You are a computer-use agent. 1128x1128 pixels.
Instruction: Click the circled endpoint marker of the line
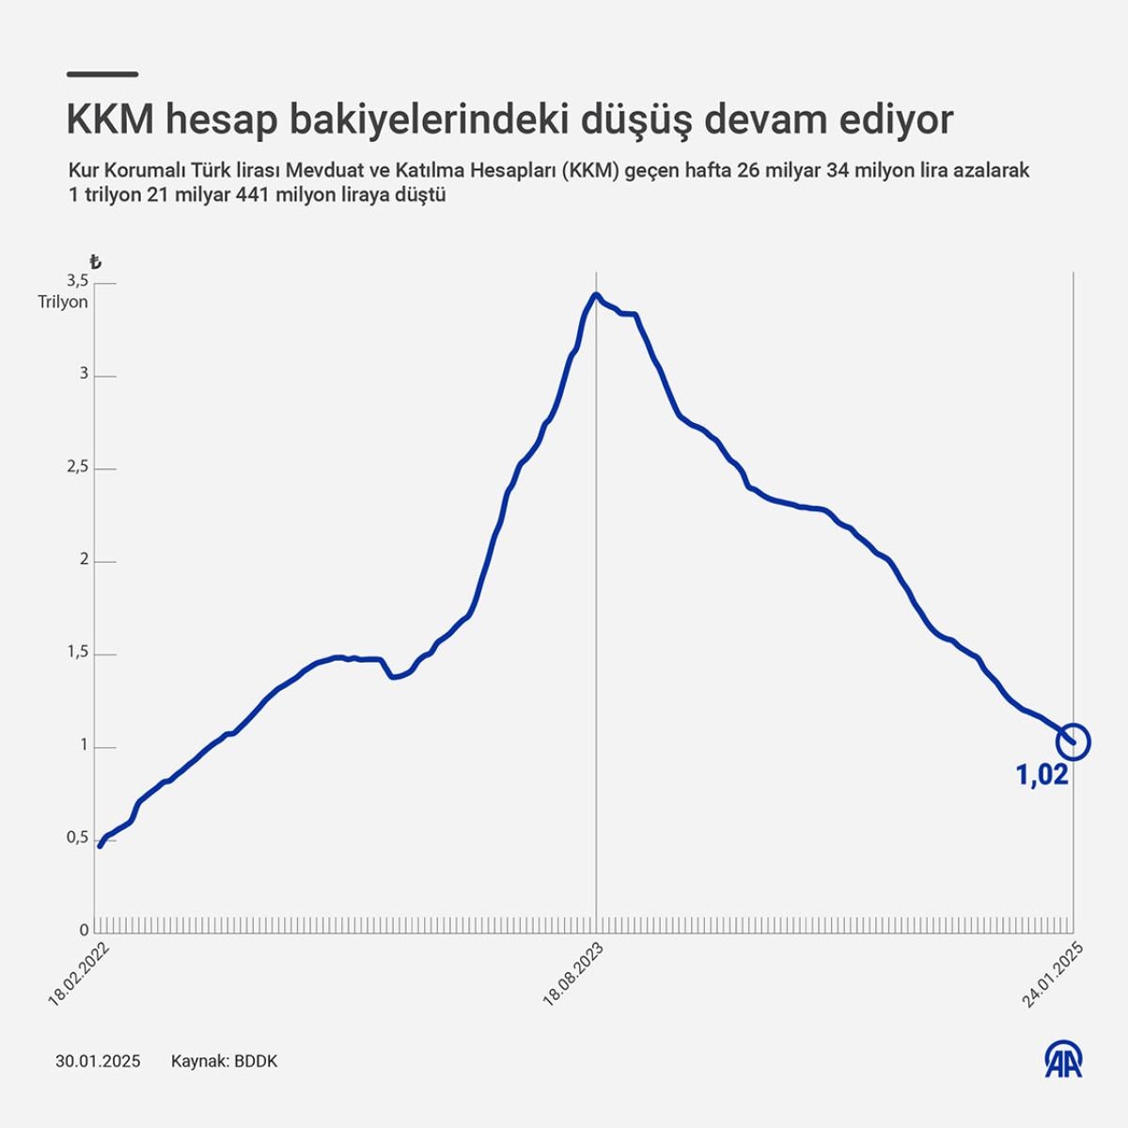(1073, 742)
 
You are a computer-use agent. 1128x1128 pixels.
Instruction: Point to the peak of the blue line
(596, 295)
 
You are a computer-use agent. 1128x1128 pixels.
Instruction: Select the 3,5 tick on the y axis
(77, 281)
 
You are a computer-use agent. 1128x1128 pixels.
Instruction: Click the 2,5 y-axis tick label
(77, 467)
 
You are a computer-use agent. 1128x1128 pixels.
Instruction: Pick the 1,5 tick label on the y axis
(77, 653)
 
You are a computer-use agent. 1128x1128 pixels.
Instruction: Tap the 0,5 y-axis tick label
(77, 838)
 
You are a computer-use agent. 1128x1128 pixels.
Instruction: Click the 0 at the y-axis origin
(84, 931)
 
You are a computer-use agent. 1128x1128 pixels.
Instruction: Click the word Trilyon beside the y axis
(62, 303)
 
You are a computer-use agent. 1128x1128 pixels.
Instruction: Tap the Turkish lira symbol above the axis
(94, 262)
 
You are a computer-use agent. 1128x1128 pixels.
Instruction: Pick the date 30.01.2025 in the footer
(98, 1061)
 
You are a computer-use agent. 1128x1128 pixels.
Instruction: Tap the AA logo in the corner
(1064, 1059)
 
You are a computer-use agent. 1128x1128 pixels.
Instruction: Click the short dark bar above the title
(103, 74)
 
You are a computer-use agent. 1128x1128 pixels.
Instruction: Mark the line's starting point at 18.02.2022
(100, 846)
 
